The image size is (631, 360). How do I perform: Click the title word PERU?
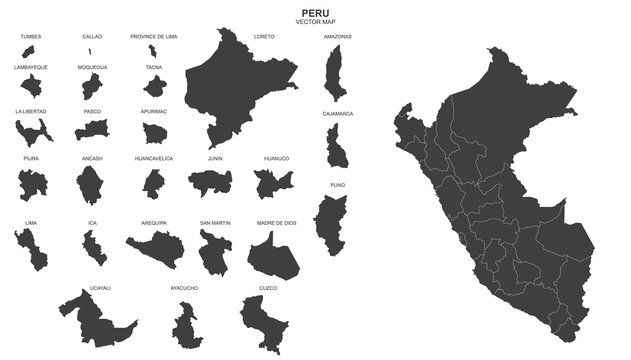click(316, 13)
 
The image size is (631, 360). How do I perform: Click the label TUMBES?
click(31, 36)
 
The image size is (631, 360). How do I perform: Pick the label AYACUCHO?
click(184, 288)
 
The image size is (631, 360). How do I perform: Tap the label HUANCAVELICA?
click(154, 158)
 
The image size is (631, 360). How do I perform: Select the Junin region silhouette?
click(211, 181)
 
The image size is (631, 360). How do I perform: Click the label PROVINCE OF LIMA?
click(154, 36)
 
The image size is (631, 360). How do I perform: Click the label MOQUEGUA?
click(92, 68)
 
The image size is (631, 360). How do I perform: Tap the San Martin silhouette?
click(214, 251)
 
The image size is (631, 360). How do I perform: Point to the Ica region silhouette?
click(93, 246)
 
